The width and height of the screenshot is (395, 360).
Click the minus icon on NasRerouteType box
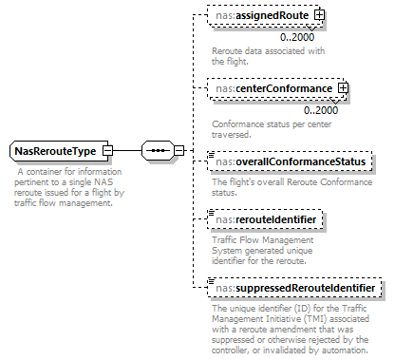(108, 151)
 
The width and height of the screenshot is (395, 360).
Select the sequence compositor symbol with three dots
(159, 151)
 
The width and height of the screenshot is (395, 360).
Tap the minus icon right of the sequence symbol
(179, 151)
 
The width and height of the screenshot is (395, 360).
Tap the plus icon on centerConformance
(343, 89)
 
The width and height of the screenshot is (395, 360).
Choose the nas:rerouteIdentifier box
(266, 221)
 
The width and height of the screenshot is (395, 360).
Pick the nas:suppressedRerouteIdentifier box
(296, 287)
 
